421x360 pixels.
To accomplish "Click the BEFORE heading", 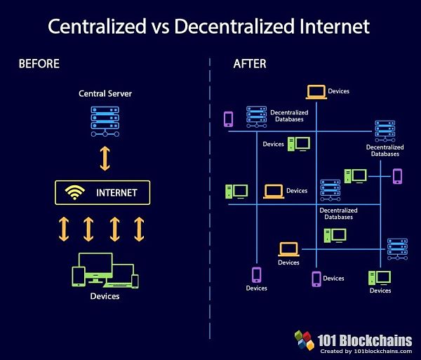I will click(39, 64).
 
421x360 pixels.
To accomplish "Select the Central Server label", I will click(105, 93).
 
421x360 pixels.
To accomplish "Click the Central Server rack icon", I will click(105, 120).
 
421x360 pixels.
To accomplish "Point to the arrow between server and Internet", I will click(105, 159).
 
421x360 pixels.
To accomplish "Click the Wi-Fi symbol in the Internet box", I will click(75, 192).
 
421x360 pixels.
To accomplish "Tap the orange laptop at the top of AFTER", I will click(316, 91).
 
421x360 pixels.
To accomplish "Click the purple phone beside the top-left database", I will click(228, 119).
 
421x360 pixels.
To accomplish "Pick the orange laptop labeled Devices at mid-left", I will click(274, 191).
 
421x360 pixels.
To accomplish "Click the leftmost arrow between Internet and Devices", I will click(64, 229).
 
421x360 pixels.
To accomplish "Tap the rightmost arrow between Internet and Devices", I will click(139, 229).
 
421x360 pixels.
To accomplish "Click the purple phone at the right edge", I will click(397, 175).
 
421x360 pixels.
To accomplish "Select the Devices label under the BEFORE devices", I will click(105, 296).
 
